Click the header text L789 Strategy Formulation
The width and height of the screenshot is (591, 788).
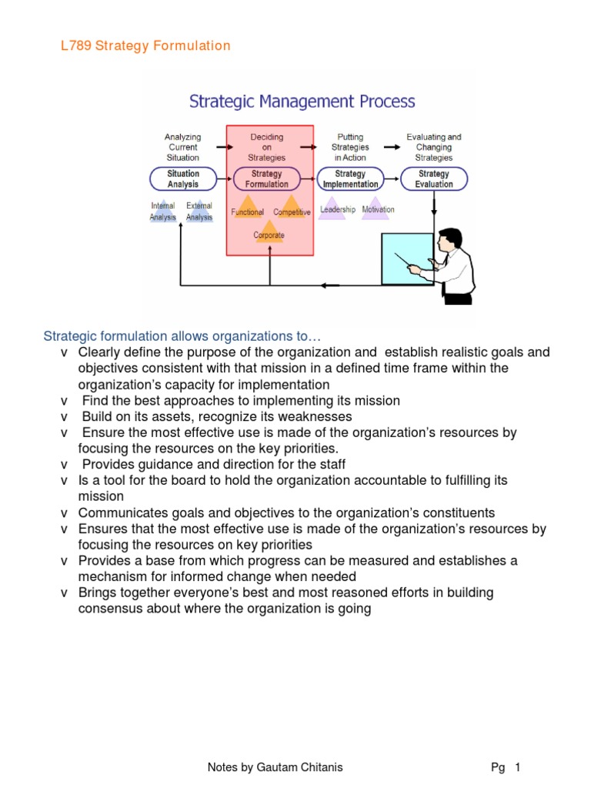point(145,46)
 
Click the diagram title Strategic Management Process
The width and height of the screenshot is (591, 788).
point(302,102)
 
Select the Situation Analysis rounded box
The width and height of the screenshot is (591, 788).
point(182,179)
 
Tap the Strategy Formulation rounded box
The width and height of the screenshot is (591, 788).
point(266,179)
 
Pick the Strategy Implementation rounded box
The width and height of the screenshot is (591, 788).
point(350,179)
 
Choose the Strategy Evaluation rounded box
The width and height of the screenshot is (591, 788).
point(434,179)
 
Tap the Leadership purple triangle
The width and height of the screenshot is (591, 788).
point(337,209)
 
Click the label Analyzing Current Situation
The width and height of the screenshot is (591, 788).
point(182,147)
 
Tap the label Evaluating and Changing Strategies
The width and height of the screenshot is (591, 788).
point(434,147)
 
